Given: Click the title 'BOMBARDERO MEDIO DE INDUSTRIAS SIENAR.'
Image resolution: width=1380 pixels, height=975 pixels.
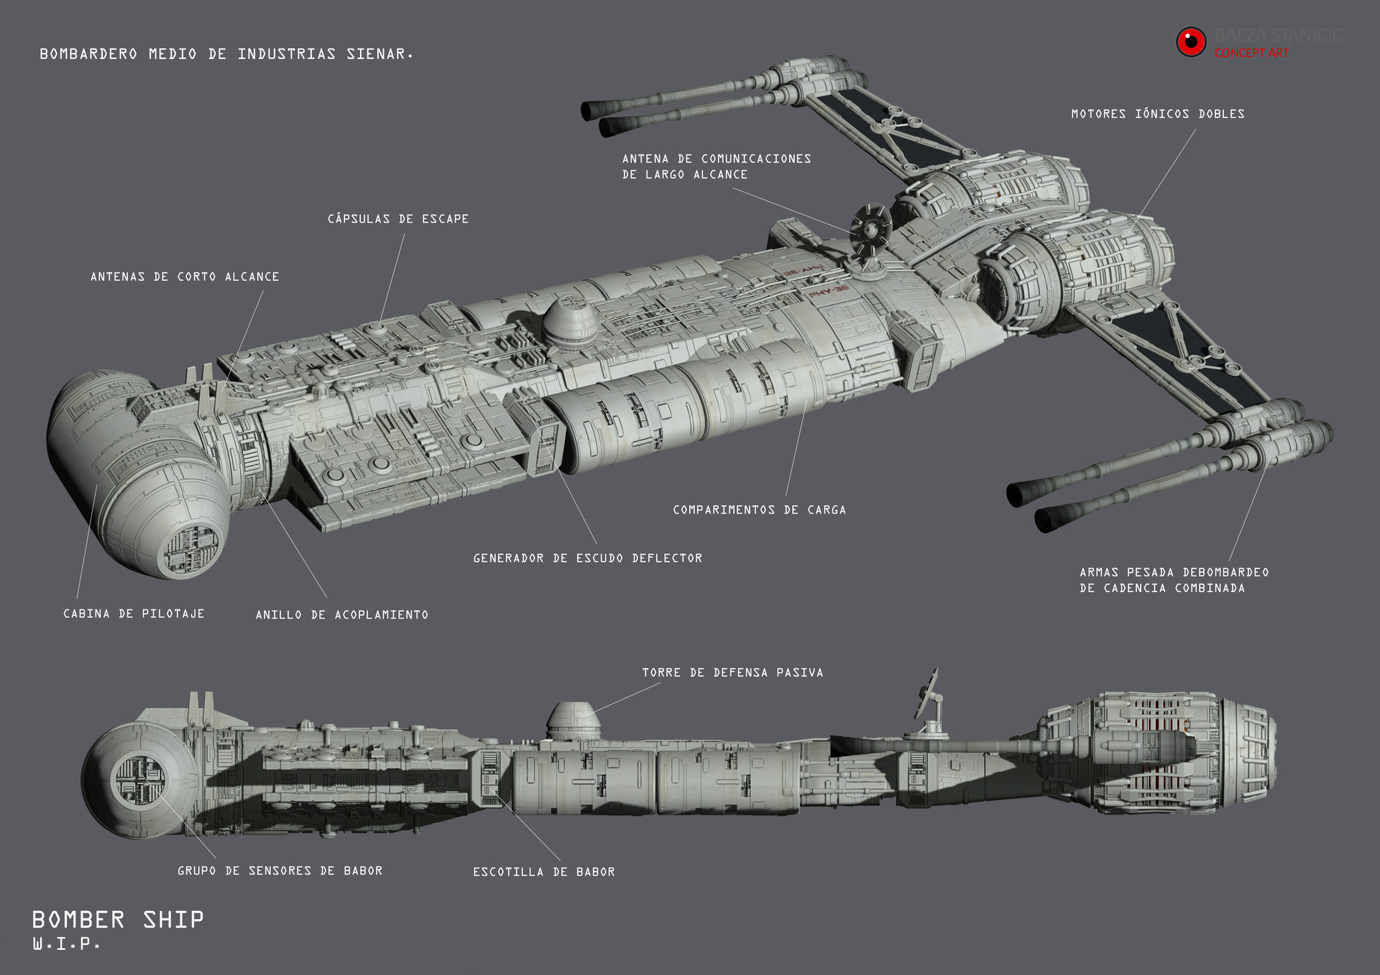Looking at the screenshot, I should pyautogui.click(x=226, y=54).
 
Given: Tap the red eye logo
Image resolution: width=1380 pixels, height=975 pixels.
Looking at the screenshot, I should pyautogui.click(x=1190, y=42).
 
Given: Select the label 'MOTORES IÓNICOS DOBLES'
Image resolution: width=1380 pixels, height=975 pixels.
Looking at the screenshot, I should pyautogui.click(x=1157, y=114).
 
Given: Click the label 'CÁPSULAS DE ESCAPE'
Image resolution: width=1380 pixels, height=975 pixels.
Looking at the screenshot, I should pyautogui.click(x=397, y=218).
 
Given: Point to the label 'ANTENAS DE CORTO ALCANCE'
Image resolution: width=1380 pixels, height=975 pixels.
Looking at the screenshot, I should pyautogui.click(x=185, y=277).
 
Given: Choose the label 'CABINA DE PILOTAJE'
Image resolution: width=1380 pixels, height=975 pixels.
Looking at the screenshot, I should pyautogui.click(x=134, y=614).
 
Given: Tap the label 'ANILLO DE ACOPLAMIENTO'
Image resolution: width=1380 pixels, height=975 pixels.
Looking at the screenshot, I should pyautogui.click(x=341, y=614).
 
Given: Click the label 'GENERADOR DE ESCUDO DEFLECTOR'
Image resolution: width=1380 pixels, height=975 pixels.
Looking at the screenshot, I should pyautogui.click(x=587, y=558).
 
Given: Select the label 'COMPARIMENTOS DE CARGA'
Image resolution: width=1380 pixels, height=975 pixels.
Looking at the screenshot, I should pyautogui.click(x=759, y=509).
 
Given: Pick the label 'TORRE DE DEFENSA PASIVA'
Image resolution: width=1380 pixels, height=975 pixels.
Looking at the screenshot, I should pyautogui.click(x=732, y=673).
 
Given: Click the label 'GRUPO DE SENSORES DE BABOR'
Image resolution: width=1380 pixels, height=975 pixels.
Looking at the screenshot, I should pyautogui.click(x=280, y=871).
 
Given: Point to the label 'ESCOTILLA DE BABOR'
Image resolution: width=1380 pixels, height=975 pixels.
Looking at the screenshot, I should pyautogui.click(x=543, y=872).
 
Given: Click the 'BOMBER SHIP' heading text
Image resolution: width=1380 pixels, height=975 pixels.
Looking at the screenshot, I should pyautogui.click(x=118, y=920).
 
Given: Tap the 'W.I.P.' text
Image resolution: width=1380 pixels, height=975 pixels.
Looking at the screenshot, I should pyautogui.click(x=66, y=944).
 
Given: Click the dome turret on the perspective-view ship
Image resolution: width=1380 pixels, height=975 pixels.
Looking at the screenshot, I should pyautogui.click(x=569, y=323).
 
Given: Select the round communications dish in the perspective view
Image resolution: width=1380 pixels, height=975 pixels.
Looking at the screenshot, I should pyautogui.click(x=870, y=230).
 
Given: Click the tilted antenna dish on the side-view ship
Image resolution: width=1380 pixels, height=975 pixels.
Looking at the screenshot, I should pyautogui.click(x=926, y=693).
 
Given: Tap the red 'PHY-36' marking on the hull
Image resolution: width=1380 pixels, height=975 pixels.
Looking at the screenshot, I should pyautogui.click(x=828, y=291).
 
